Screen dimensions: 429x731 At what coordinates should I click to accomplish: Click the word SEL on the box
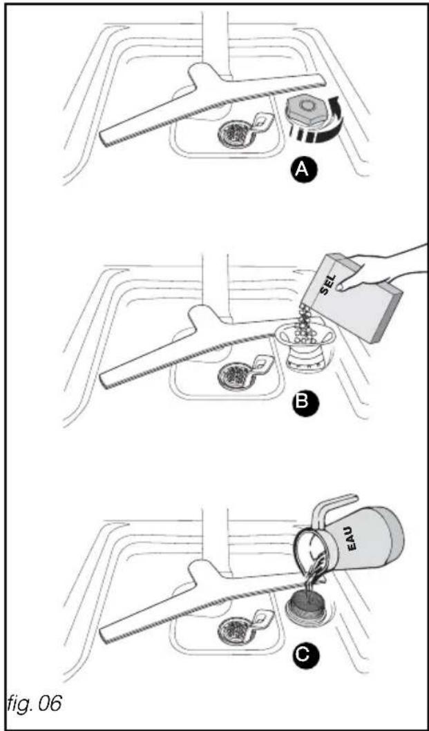click(x=327, y=283)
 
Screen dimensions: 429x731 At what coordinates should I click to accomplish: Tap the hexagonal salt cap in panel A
click(x=306, y=107)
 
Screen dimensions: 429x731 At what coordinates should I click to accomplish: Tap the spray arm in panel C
click(x=205, y=601)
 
